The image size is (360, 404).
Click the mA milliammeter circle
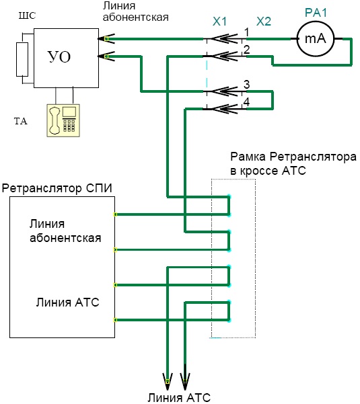[x=316, y=39]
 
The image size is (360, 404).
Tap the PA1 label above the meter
[x=316, y=13]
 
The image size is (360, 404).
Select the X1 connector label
[x=219, y=22]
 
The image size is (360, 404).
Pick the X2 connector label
[x=264, y=22]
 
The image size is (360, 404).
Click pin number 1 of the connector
[x=247, y=32]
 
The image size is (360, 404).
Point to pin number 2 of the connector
[x=247, y=50]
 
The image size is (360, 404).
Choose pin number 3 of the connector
[x=247, y=85]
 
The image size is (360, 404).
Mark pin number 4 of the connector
[x=247, y=102]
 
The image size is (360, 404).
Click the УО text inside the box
[x=59, y=57]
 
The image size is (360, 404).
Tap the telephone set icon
[x=63, y=120]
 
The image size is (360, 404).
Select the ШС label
[x=27, y=15]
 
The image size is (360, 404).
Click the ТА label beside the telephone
[x=21, y=122]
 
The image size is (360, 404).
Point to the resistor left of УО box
[x=22, y=60]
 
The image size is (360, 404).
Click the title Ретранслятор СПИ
[x=57, y=188]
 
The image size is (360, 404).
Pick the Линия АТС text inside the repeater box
[x=67, y=302]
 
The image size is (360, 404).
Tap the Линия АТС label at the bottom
[x=179, y=398]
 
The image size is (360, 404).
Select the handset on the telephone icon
[x=55, y=121]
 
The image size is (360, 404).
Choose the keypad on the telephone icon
[x=69, y=126]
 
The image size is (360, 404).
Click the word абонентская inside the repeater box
[x=65, y=238]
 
